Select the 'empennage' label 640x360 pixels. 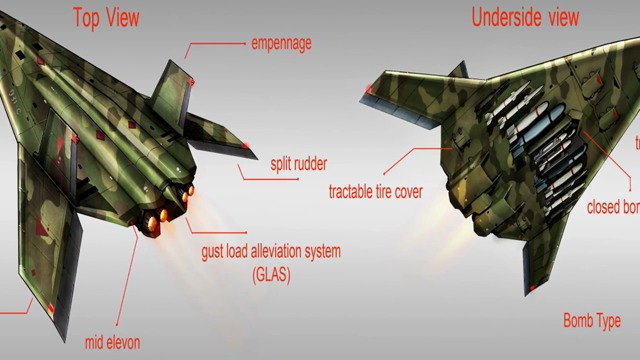point(282,44)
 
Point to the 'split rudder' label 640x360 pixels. point(299,163)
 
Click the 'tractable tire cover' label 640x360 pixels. point(375,190)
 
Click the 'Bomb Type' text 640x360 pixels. point(592,321)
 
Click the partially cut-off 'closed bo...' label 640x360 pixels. point(613,208)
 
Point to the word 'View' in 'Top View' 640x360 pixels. point(126,16)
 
